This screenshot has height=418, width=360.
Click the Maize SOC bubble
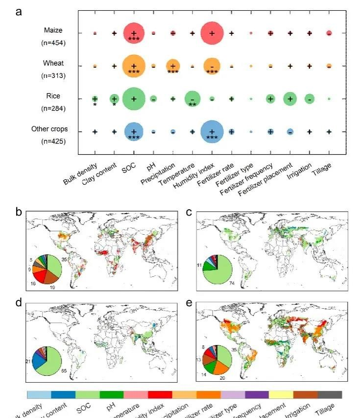pyautogui.click(x=134, y=33)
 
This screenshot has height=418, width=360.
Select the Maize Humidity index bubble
pyautogui.click(x=212, y=33)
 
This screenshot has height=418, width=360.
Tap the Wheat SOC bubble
pyautogui.click(x=134, y=66)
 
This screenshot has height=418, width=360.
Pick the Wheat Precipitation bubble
pyautogui.click(x=172, y=66)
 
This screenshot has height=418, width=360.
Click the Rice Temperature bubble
pyautogui.click(x=192, y=99)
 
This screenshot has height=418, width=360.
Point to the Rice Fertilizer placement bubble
pyautogui.click(x=290, y=99)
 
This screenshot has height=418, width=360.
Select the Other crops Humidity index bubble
pyautogui.click(x=212, y=132)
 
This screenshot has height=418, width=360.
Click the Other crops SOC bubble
pyautogui.click(x=134, y=132)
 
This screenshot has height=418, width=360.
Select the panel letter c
pyautogui.click(x=189, y=212)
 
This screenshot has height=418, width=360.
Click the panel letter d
pyautogui.click(x=19, y=302)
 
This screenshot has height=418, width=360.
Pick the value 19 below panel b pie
pyautogui.click(x=52, y=289)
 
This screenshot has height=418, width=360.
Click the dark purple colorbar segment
pyautogui.click(x=257, y=394)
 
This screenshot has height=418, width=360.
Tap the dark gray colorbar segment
pyautogui.click(x=330, y=394)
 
